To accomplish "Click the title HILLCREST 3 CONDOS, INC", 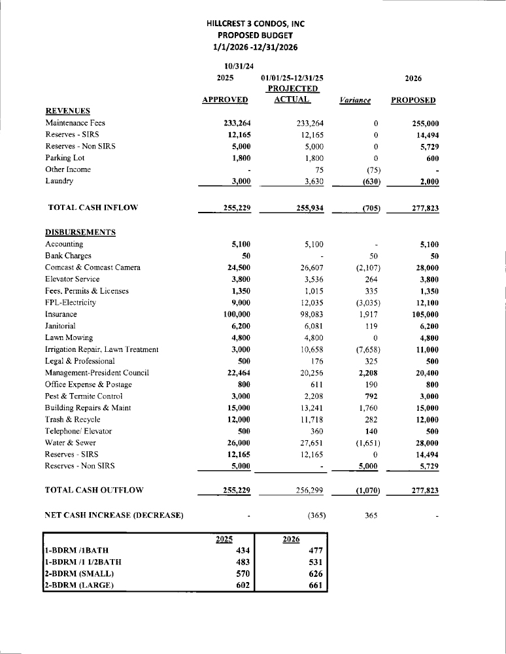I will [255, 24].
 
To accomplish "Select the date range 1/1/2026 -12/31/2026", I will [255, 46].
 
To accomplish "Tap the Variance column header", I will [356, 100].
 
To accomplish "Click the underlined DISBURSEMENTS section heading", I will [80, 232].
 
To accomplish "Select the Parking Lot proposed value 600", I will [432, 158].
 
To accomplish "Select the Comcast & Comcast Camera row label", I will [93, 267].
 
